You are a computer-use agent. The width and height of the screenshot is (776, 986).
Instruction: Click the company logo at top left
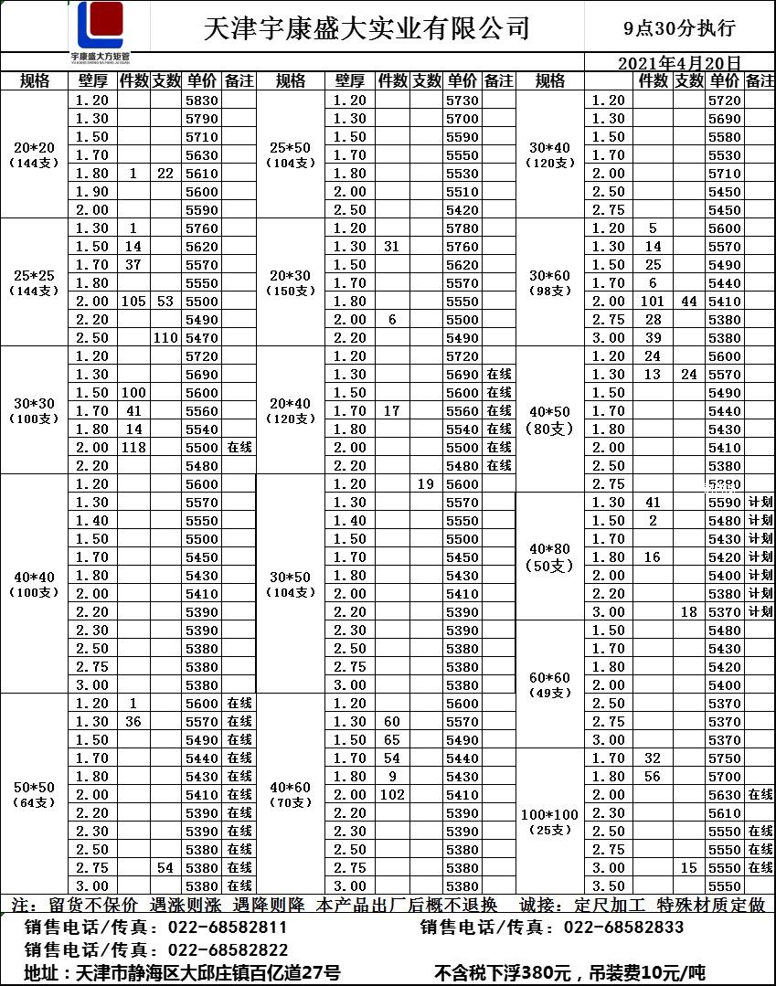point(101,28)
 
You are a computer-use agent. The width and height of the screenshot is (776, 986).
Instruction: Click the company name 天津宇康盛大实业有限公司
point(367,28)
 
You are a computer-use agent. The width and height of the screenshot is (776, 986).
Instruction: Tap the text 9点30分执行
point(679,28)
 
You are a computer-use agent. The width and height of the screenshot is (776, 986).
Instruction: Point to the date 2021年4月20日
point(679,64)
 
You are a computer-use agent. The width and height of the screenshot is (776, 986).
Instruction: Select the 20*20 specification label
point(35,147)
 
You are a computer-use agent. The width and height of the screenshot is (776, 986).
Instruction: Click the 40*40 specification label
point(35,577)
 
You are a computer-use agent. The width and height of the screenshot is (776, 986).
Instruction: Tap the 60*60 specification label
point(550,677)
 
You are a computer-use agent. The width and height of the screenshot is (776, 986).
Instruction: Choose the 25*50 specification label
point(291,147)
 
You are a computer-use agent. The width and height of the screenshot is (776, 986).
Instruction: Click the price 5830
point(201,101)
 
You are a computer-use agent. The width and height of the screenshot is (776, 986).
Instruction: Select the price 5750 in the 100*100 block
point(724,758)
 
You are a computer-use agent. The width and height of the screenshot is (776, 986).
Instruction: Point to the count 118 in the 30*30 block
point(133,448)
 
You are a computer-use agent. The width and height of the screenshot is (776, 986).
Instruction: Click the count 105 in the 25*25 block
point(133,302)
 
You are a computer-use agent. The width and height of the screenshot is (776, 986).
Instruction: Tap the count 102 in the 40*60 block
point(391,795)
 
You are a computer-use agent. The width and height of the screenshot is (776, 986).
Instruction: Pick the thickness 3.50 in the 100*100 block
point(608,886)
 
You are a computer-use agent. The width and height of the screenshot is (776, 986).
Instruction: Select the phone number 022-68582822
point(229,950)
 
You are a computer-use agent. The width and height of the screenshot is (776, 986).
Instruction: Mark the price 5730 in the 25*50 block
point(462,101)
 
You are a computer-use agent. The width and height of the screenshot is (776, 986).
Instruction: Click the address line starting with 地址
point(183,973)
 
